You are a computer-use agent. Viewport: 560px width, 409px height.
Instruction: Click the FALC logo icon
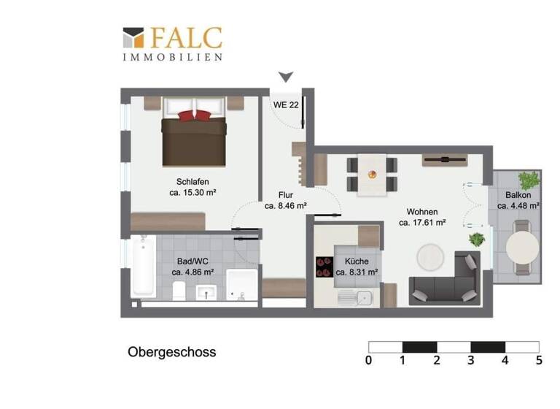(133, 38)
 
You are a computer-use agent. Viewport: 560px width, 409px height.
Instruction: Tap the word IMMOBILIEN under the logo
(173, 56)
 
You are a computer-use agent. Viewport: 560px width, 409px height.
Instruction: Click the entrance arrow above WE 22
(287, 77)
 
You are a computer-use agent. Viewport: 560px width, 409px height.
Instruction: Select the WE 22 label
(285, 104)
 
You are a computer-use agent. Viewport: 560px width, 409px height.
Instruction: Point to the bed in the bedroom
(194, 131)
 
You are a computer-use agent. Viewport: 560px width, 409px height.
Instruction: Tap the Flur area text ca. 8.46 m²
(285, 206)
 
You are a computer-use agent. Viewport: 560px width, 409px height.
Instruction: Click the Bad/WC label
(192, 260)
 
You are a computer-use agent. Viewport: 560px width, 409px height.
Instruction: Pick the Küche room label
(357, 261)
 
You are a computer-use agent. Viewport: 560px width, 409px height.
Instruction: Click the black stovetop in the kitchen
(323, 267)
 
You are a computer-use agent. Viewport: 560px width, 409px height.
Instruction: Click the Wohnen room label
(422, 212)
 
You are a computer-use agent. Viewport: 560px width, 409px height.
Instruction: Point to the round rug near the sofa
(429, 256)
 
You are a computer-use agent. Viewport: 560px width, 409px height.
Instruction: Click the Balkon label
(518, 195)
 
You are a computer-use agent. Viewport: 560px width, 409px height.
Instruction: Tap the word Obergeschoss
(172, 352)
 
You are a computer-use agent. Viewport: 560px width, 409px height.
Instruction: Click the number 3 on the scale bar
(471, 359)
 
